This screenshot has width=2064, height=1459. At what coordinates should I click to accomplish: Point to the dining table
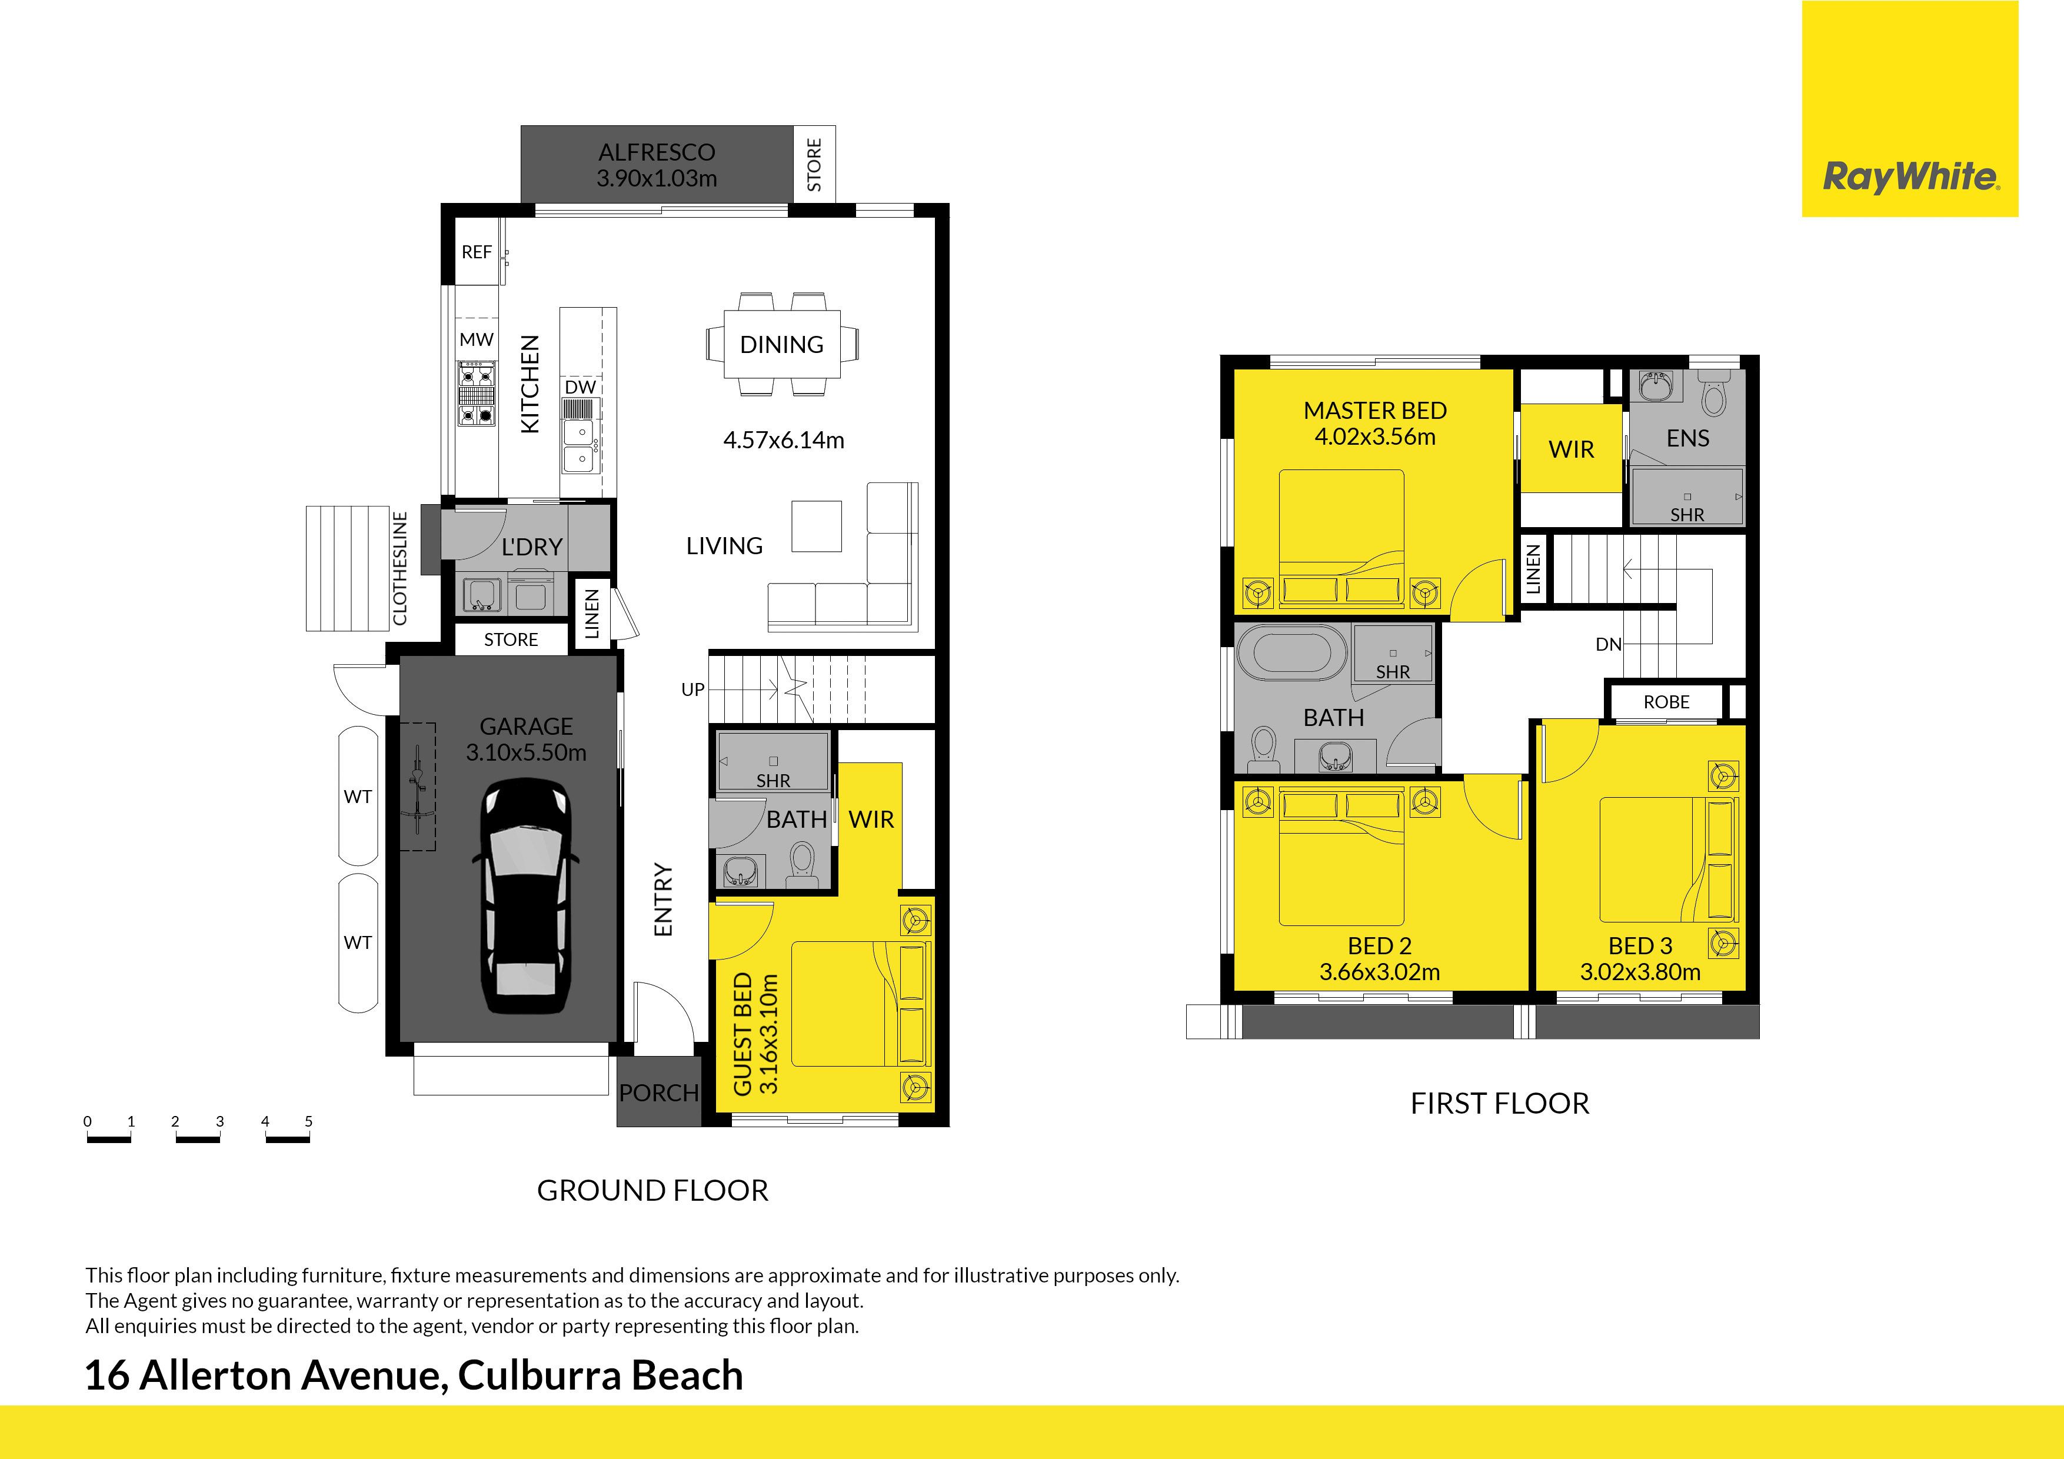click(x=782, y=344)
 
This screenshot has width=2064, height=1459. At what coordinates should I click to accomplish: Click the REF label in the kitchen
click(x=477, y=252)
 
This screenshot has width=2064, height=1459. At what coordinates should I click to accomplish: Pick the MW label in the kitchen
click(x=477, y=340)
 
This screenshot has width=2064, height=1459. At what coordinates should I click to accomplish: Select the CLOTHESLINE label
click(x=401, y=568)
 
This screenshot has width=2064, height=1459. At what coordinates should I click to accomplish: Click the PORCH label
click(x=659, y=1093)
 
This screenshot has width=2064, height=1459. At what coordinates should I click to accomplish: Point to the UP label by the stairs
click(x=692, y=689)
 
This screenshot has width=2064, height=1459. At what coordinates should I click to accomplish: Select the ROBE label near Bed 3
click(x=1667, y=702)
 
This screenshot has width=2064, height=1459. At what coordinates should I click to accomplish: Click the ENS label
click(x=1687, y=439)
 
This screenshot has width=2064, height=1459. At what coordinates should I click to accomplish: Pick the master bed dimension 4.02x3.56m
click(x=1376, y=438)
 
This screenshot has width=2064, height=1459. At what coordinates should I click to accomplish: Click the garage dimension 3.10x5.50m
click(x=526, y=753)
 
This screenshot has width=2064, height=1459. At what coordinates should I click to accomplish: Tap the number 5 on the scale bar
click(x=308, y=1121)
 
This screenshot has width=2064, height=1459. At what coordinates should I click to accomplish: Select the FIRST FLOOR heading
click(x=1499, y=1104)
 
